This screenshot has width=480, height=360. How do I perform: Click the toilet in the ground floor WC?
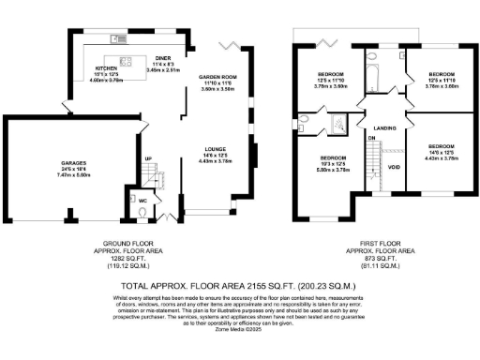pos(139,213)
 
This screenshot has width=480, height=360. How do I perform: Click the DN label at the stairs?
pos(370,138)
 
